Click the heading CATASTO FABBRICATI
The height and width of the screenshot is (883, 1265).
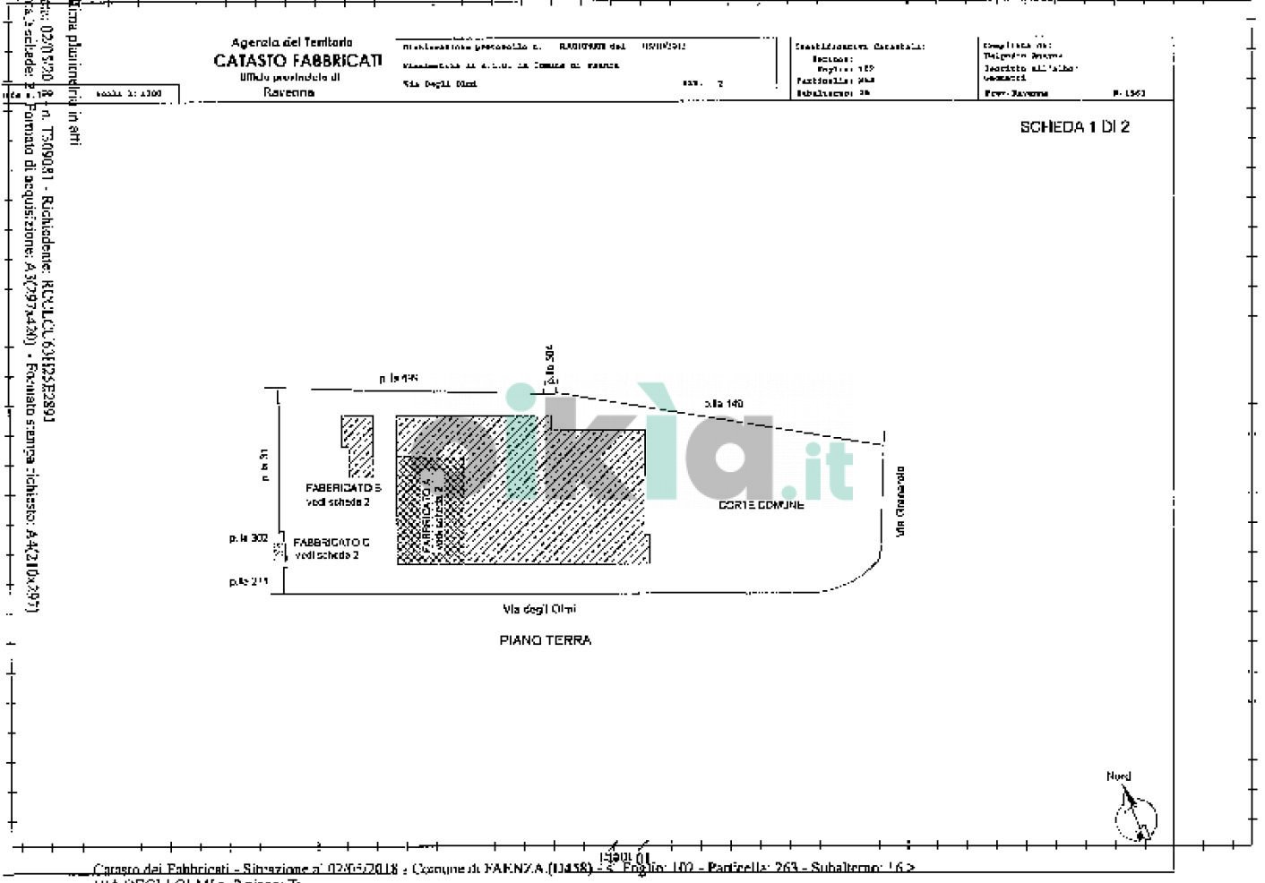(x=297, y=61)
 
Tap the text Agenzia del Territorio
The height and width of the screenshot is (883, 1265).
(x=292, y=42)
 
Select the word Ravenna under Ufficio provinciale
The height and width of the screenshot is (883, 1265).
(x=288, y=92)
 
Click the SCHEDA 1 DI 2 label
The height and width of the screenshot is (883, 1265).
(x=1074, y=127)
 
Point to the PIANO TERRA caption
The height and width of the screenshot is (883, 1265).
(x=545, y=640)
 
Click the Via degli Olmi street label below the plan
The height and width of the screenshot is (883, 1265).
(x=539, y=610)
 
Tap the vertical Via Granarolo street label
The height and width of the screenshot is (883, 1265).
(x=900, y=502)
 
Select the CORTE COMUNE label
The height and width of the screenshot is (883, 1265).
(x=762, y=505)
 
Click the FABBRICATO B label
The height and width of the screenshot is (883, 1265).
(x=343, y=488)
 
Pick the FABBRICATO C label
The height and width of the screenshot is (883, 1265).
(x=331, y=543)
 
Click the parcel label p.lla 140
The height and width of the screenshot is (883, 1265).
(x=724, y=404)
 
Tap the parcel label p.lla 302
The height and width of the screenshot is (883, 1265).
(x=248, y=538)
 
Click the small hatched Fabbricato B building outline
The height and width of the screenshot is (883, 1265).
(x=358, y=445)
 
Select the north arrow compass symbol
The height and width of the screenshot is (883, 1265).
(x=1134, y=816)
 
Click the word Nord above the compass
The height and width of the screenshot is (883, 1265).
(x=1118, y=776)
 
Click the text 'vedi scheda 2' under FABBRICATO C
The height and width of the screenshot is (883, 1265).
(x=327, y=555)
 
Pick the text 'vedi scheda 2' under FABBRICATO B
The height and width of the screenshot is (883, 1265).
(x=338, y=502)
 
